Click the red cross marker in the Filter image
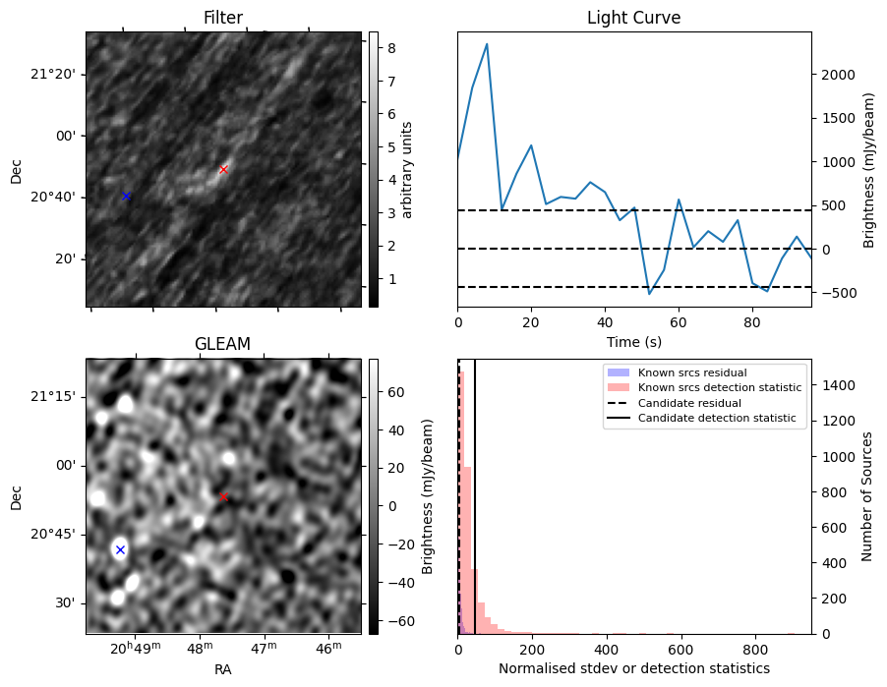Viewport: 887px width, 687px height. (223, 170)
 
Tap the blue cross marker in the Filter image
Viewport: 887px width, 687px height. (126, 197)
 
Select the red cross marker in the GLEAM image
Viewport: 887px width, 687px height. (223, 496)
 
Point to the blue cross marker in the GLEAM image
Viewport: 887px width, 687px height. (120, 549)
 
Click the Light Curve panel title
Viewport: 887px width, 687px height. (633, 18)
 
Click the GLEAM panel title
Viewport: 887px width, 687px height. (222, 344)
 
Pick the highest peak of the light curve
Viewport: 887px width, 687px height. (487, 44)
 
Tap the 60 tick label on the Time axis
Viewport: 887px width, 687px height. (679, 323)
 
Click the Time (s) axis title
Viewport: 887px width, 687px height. (633, 341)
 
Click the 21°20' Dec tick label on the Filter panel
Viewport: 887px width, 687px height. (52, 75)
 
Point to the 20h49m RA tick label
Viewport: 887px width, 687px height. (135, 648)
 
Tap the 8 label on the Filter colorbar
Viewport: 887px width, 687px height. (391, 48)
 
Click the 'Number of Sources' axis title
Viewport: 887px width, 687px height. (866, 496)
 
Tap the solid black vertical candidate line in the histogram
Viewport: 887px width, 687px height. (475, 496)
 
